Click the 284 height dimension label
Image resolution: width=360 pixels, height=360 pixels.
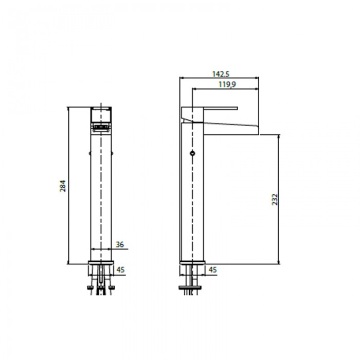63,186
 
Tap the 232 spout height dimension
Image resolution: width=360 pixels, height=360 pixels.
275,200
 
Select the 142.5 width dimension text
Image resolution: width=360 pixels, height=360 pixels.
221,74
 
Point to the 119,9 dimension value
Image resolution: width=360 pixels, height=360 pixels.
227,84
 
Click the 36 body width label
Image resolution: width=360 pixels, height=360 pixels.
120,244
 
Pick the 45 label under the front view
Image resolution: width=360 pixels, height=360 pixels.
120,269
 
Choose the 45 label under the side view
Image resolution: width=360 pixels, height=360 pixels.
212,269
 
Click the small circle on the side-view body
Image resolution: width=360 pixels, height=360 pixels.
193,153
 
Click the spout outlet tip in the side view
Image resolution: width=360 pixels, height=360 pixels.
258,131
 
